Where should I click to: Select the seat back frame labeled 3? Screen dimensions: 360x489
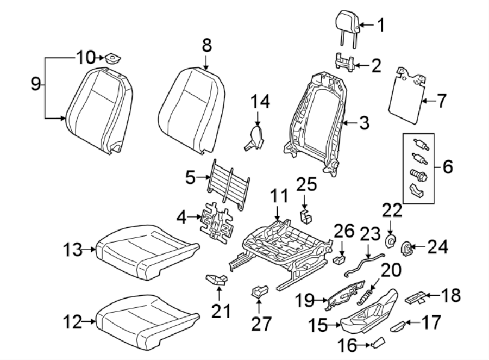click(x=315, y=120)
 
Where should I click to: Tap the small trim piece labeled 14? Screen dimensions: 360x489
click(x=254, y=136)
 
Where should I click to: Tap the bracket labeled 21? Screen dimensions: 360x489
click(x=218, y=279)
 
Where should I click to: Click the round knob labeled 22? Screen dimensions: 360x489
click(x=390, y=240)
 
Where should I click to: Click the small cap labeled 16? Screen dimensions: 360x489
click(x=378, y=342)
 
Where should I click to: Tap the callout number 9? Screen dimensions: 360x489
click(x=35, y=84)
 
